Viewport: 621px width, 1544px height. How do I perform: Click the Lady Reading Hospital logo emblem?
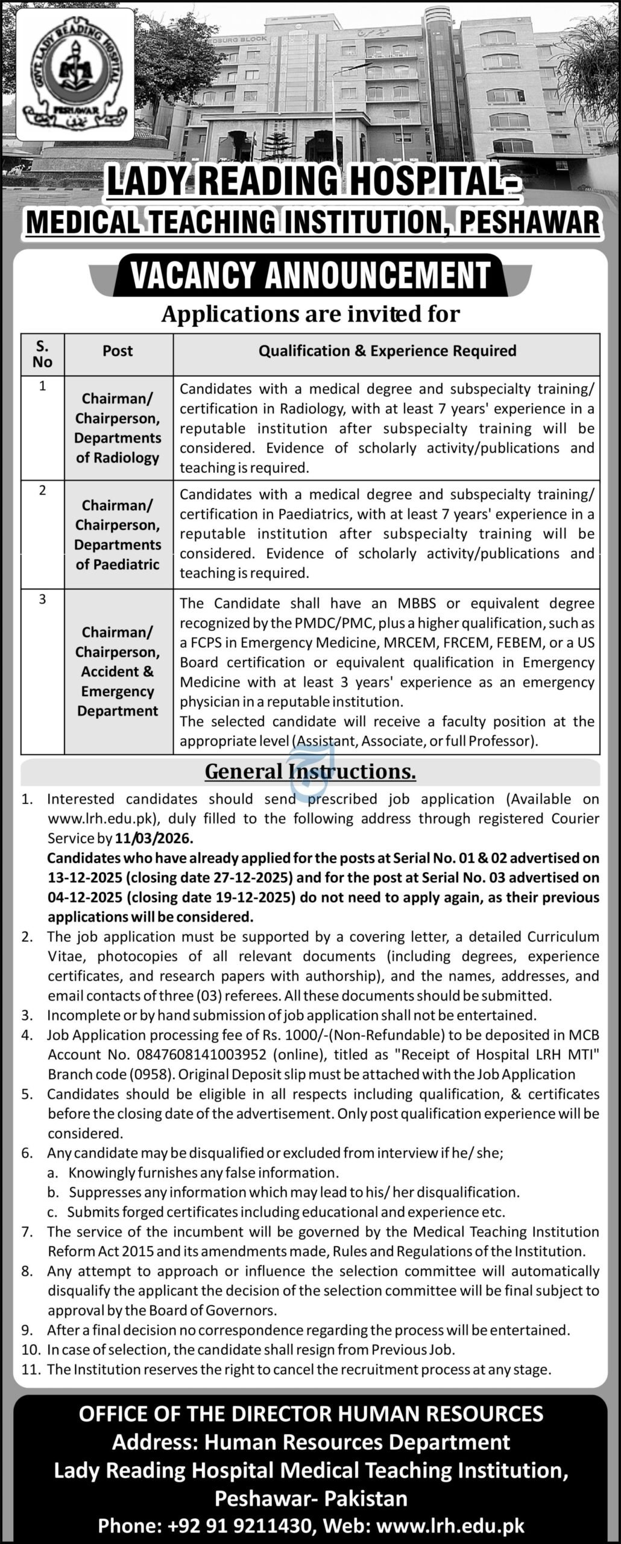[x=75, y=74]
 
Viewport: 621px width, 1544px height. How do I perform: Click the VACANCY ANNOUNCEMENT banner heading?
[x=310, y=276]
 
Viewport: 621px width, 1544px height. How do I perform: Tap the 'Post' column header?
[x=118, y=351]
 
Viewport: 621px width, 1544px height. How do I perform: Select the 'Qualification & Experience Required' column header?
[x=387, y=351]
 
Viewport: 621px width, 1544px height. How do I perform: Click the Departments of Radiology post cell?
[x=118, y=428]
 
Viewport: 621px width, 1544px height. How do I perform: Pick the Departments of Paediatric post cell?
[x=118, y=534]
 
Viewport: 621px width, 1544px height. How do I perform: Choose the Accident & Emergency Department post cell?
[x=118, y=671]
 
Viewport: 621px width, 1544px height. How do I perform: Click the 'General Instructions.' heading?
[x=310, y=771]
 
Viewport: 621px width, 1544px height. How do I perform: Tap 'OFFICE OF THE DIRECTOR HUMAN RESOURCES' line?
[x=310, y=1414]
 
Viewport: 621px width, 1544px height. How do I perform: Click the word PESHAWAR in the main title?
[x=530, y=222]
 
